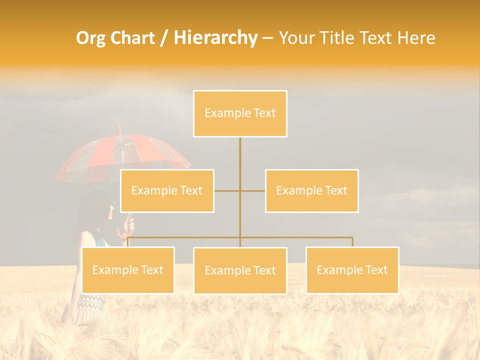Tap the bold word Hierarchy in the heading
(x=215, y=38)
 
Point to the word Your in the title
(x=296, y=38)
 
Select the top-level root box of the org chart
(x=240, y=113)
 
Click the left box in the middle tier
(x=167, y=191)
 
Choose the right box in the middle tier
(x=311, y=191)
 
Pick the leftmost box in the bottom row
(x=128, y=270)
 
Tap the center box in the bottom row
(x=240, y=270)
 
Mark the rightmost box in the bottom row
(x=352, y=270)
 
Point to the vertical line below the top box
(x=240, y=155)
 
